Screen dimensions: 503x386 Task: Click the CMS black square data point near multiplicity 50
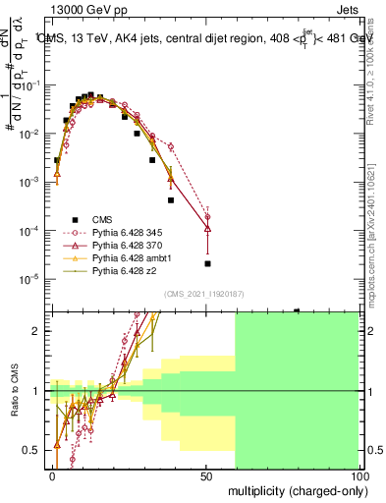[207, 263]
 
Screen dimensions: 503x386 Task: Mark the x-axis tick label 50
[206, 475]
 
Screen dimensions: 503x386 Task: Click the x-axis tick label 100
[359, 475]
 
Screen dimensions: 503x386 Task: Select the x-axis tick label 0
[53, 475]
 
